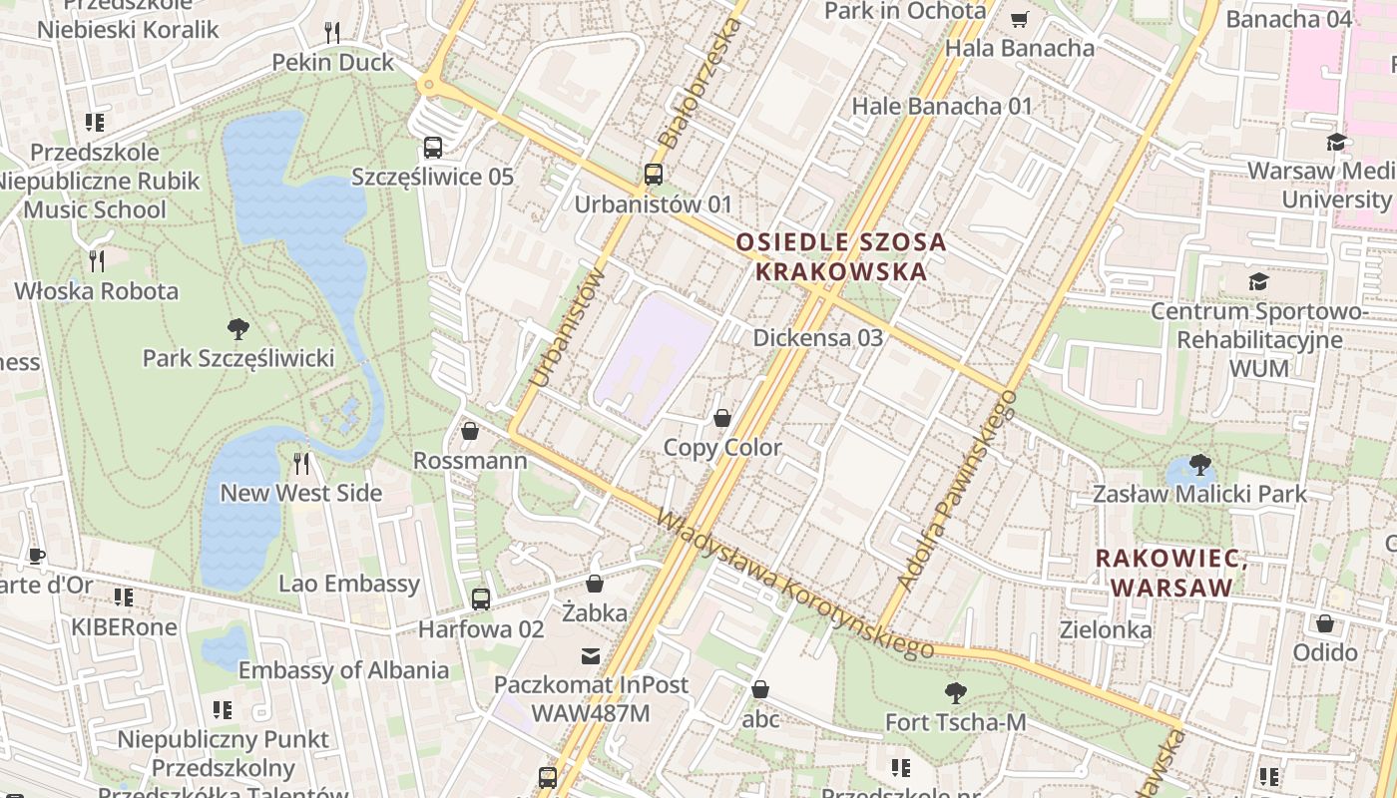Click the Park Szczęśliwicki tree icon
(x=237, y=327)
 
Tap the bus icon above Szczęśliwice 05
(x=433, y=148)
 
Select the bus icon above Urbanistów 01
(x=654, y=175)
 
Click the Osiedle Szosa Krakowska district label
(x=840, y=256)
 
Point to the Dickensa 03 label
(x=817, y=337)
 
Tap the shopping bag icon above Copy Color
(x=722, y=418)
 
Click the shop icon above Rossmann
(x=470, y=431)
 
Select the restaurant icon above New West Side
(x=301, y=463)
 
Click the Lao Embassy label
(x=349, y=584)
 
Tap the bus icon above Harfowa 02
(x=481, y=599)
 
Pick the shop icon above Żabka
(x=595, y=583)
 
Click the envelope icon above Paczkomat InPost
(x=591, y=655)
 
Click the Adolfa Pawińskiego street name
(x=957, y=489)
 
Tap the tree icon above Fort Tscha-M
(x=955, y=691)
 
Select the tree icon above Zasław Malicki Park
(x=1199, y=464)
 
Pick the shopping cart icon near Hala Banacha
(x=1019, y=19)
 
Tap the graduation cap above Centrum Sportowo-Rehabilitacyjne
(x=1258, y=281)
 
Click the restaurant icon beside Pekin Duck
(x=333, y=32)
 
